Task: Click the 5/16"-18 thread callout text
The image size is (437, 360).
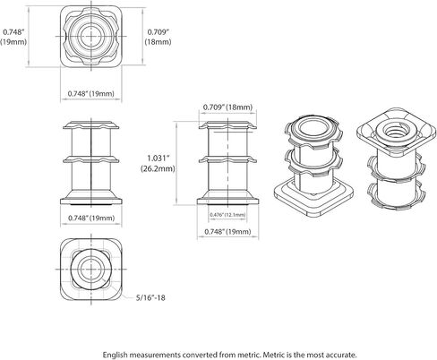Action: (150, 297)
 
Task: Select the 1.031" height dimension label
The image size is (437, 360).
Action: (159, 158)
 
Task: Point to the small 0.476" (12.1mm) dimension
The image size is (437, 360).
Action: (227, 215)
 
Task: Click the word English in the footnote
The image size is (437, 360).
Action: (115, 355)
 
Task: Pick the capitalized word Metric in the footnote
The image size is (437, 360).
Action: (273, 355)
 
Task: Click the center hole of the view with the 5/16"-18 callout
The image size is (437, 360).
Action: (90, 269)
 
